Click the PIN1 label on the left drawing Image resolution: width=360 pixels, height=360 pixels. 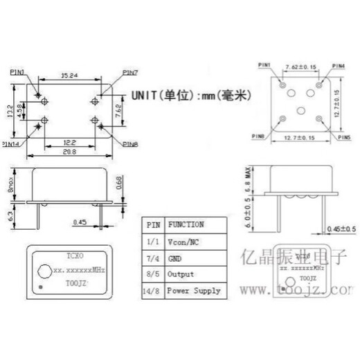click(19, 71)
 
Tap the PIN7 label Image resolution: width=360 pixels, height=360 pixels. click(130, 72)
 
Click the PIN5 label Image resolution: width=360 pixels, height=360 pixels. click(342, 138)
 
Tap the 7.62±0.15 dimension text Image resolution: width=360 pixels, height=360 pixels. click(300, 67)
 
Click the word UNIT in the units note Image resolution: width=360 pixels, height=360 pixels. click(141, 96)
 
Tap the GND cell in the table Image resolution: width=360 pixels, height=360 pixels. click(177, 258)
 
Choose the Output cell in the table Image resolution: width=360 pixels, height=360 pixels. click(181, 273)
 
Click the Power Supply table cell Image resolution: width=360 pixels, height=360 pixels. click(195, 291)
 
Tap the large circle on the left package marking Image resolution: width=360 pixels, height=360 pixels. click(45, 269)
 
